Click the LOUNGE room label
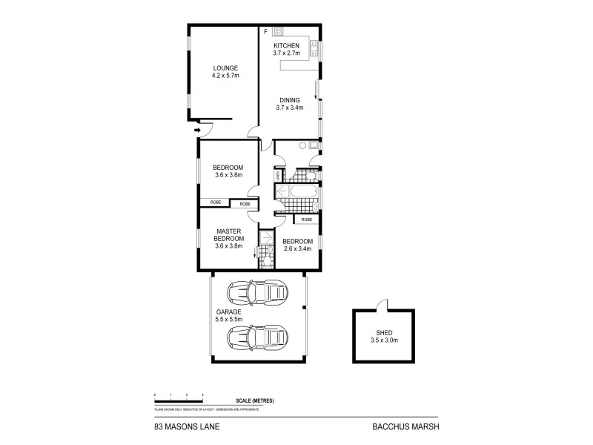[x=225, y=68]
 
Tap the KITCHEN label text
[x=286, y=46]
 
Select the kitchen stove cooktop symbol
[x=279, y=31]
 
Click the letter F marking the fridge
[x=265, y=32]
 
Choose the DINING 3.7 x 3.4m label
[x=290, y=103]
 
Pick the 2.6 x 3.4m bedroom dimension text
[x=299, y=248]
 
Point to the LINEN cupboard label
[x=278, y=176]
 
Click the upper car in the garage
[x=257, y=293]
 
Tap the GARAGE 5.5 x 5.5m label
[x=228, y=316]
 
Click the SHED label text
[x=384, y=332]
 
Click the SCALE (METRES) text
[x=254, y=400]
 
